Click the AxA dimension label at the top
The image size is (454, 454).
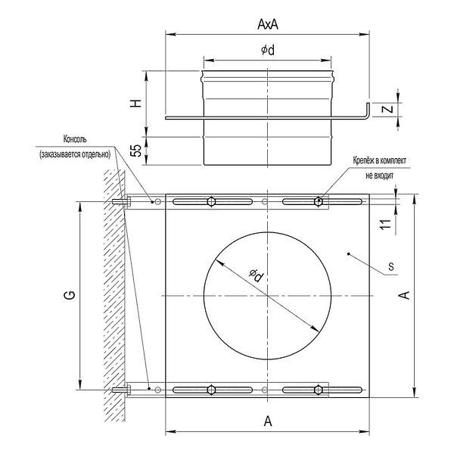click(x=268, y=24)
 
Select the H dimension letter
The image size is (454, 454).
click(x=135, y=104)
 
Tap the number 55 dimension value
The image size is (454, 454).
click(x=135, y=151)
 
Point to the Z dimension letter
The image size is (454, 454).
click(x=387, y=109)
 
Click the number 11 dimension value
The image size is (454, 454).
click(x=385, y=225)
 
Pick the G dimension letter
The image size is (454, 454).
click(x=70, y=295)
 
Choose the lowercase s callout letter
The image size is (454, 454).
click(x=391, y=266)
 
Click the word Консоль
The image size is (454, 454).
click(x=75, y=139)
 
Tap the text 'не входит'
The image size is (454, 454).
click(x=379, y=176)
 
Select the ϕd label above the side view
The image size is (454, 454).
click(x=268, y=50)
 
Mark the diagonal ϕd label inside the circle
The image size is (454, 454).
click(x=257, y=275)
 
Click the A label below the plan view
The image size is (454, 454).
click(x=268, y=421)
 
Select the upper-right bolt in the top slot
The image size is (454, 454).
click(x=319, y=201)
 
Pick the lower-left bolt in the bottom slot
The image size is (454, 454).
click(x=212, y=390)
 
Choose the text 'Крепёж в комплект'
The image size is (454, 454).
click(x=380, y=160)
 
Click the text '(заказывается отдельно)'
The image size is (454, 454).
click(x=75, y=154)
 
